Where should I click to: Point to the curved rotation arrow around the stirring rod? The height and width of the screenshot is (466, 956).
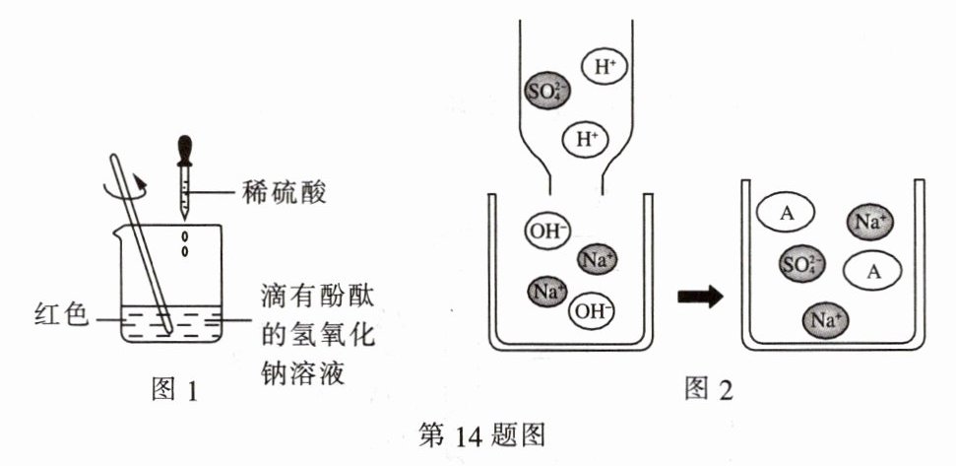tap(125, 186)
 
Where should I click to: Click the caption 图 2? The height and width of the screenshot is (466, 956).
tap(709, 388)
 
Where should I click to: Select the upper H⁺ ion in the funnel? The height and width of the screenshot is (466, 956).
tap(603, 67)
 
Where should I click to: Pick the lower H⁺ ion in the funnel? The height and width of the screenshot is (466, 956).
tap(585, 140)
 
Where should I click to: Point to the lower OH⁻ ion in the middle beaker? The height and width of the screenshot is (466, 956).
tap(591, 311)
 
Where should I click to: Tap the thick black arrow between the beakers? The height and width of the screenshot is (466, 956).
tap(701, 298)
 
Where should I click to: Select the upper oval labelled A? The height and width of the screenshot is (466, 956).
tap(786, 213)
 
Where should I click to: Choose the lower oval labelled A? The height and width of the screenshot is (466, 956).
tap(872, 272)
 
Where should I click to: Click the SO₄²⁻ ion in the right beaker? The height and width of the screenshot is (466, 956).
tap(802, 264)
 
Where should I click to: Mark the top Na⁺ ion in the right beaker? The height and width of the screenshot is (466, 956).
tap(870, 223)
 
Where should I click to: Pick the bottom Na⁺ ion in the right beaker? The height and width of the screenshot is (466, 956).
tap(826, 319)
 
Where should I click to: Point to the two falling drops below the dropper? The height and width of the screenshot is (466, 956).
tap(185, 243)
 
